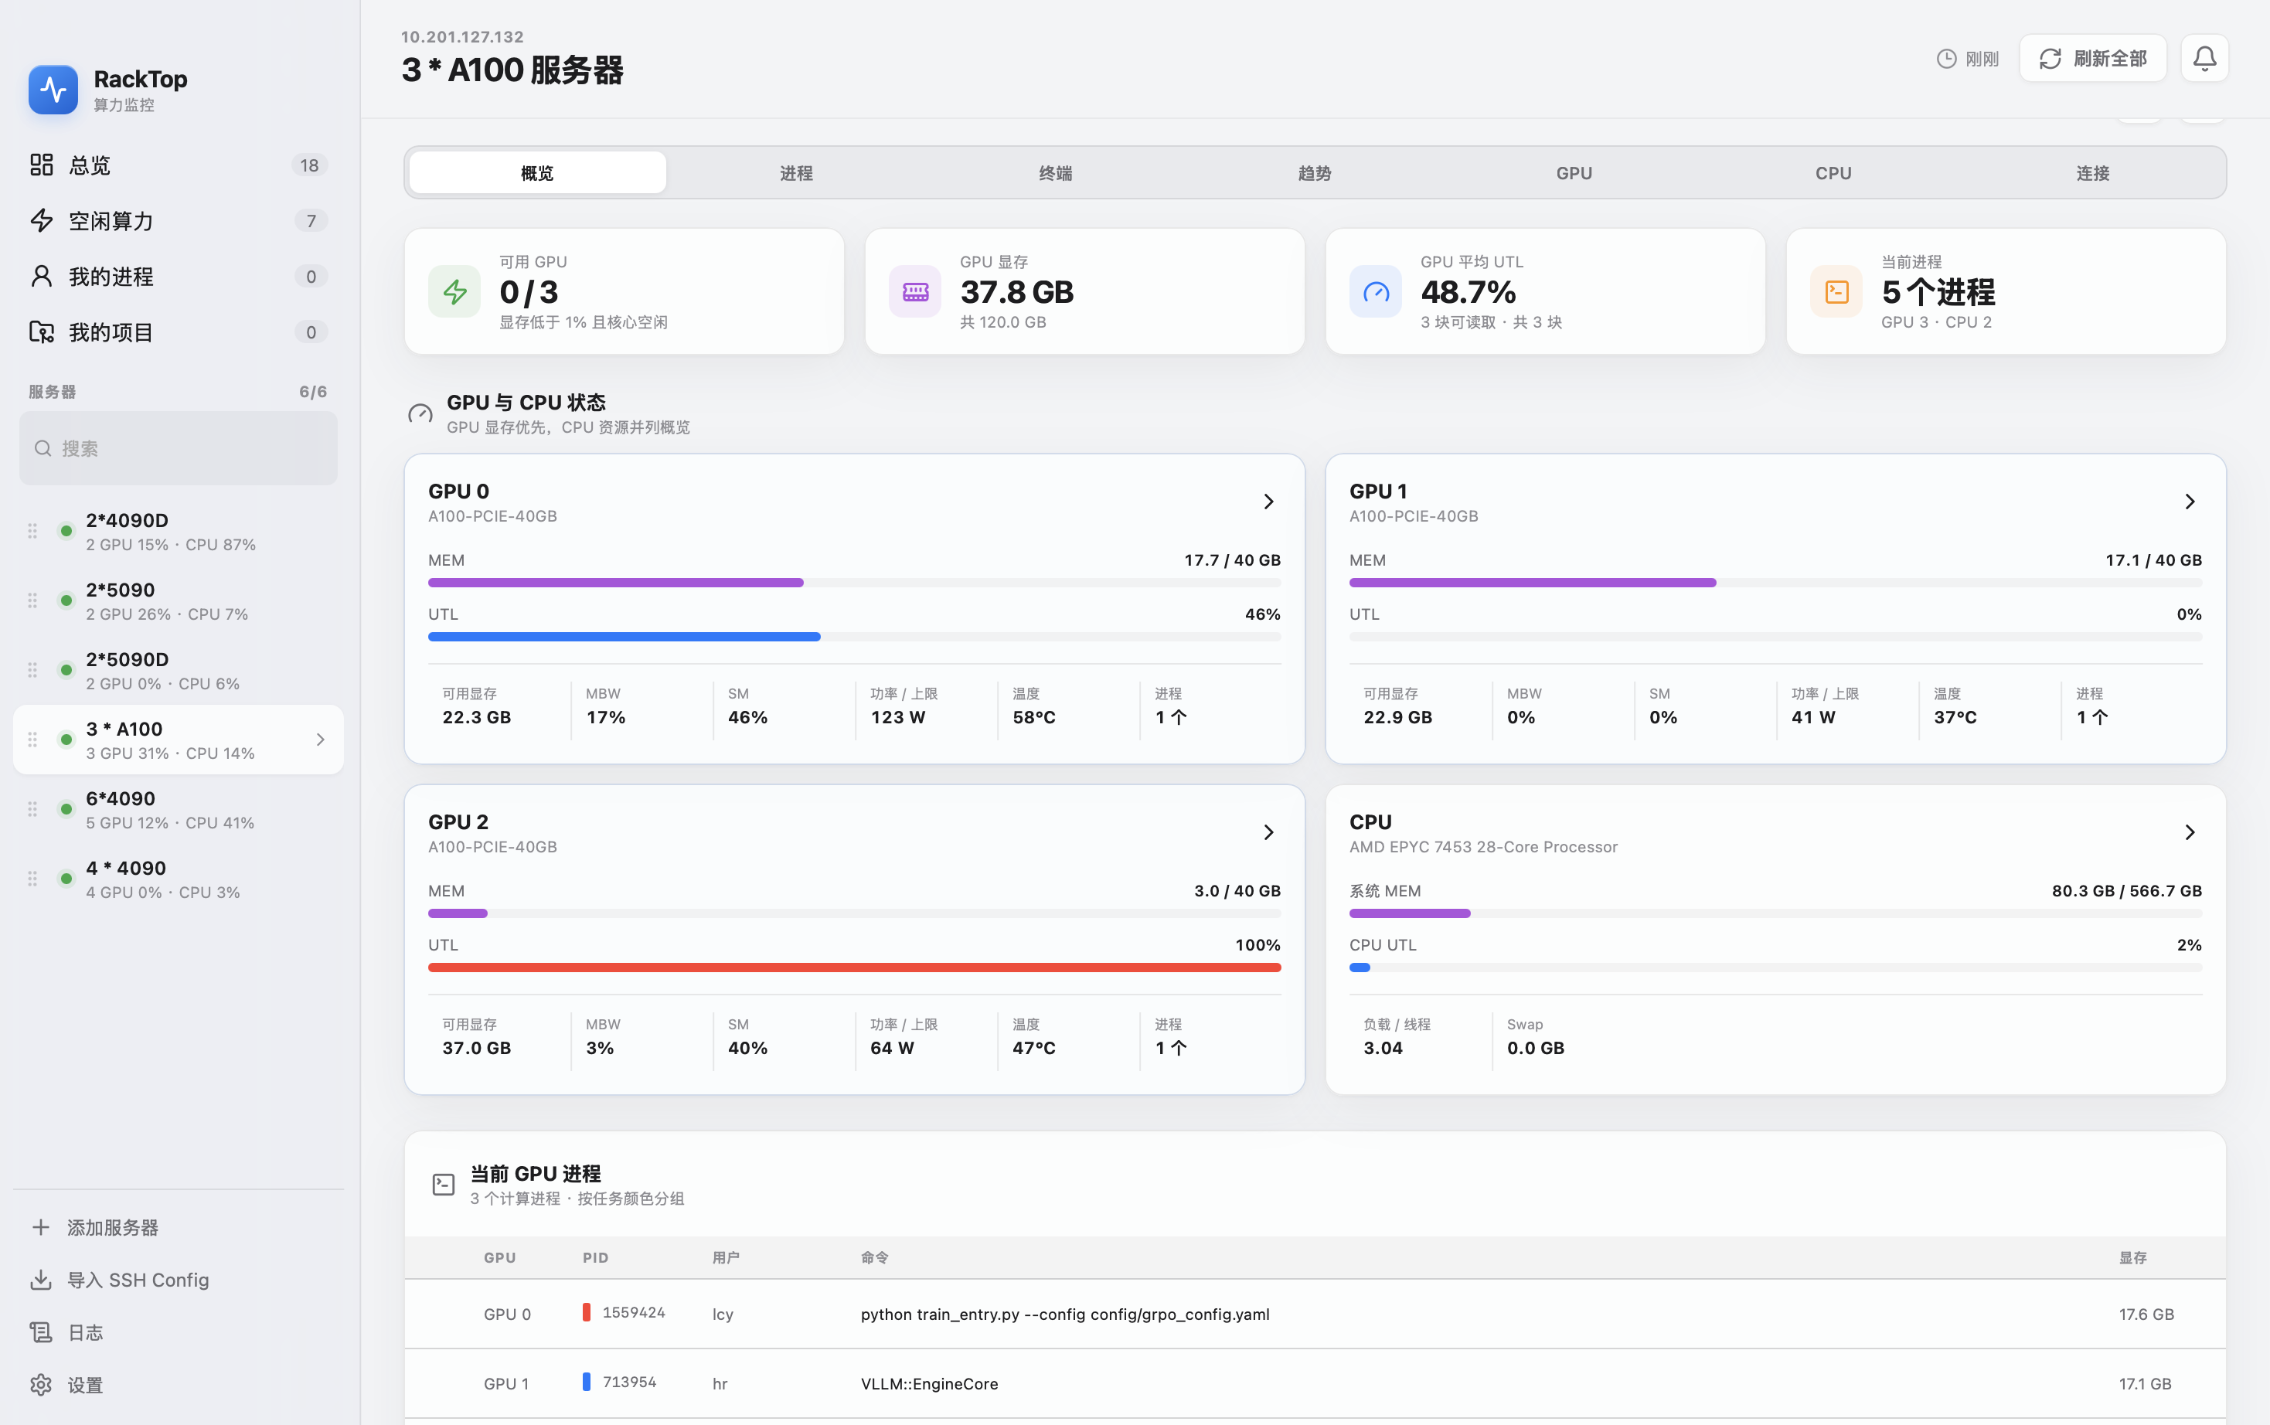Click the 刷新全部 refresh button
[2092, 59]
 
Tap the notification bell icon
[2204, 59]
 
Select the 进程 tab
[796, 173]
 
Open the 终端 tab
[1055, 173]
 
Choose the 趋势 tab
[1315, 173]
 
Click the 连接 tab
[2093, 173]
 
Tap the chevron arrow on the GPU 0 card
[1268, 502]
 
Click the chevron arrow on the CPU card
[2190, 832]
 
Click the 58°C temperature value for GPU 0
[1033, 717]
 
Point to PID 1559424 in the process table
[633, 1313]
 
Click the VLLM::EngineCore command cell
[929, 1383]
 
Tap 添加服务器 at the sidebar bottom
[112, 1227]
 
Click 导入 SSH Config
[138, 1280]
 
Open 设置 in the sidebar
[85, 1385]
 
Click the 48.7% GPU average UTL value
[1468, 292]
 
